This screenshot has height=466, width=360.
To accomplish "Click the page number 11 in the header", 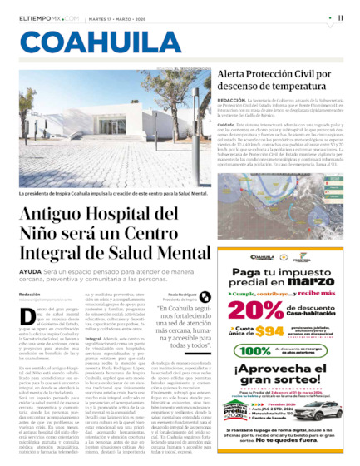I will coord(341,17).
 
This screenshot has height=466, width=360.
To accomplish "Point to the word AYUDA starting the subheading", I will coord(31,271).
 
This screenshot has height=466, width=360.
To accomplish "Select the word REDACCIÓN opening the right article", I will coord(232,99).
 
